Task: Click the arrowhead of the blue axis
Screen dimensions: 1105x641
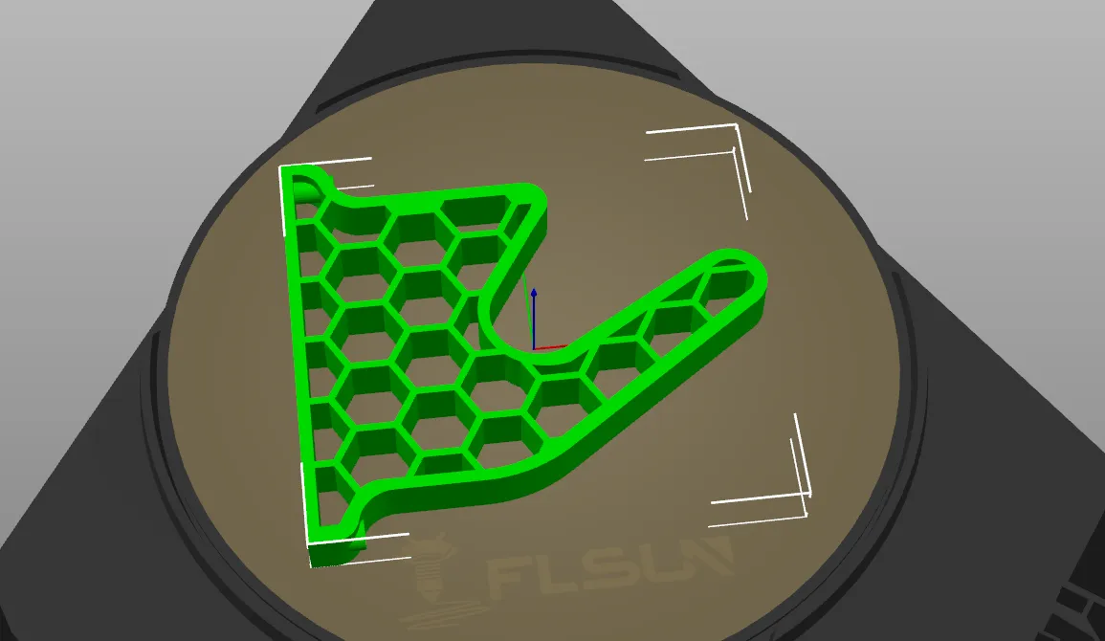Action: (x=534, y=293)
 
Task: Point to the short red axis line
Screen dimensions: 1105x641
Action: (x=550, y=347)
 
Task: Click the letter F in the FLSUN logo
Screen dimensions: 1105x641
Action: (x=507, y=573)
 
